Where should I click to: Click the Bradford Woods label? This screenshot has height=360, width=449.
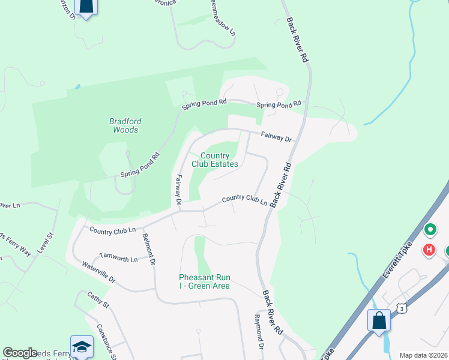125,125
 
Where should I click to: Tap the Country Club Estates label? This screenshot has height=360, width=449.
214,160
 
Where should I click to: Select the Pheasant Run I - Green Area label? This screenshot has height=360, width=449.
204,281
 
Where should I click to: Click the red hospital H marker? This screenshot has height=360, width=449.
429,249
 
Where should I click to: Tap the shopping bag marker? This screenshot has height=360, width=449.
379,320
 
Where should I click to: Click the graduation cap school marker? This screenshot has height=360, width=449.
82,346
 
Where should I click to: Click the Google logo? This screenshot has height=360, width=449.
20,353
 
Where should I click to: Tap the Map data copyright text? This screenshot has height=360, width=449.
423,355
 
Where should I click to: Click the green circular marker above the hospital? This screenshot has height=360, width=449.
430,230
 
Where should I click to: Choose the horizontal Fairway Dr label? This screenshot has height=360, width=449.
276,137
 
